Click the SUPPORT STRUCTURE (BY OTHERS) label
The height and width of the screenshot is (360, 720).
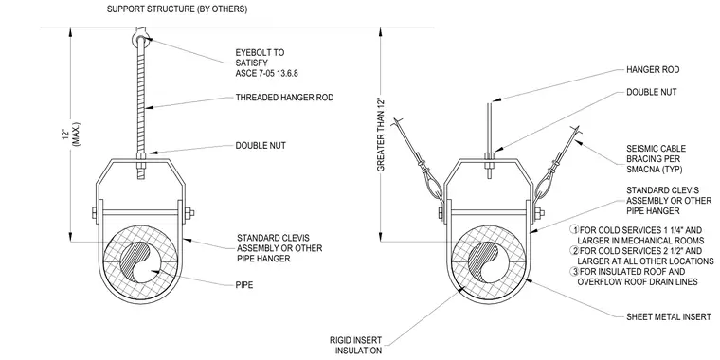[177, 9]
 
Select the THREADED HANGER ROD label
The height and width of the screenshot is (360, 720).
[284, 98]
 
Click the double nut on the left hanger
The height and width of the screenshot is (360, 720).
[141, 156]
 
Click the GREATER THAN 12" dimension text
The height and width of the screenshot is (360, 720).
[381, 135]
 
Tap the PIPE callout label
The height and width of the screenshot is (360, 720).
[243, 285]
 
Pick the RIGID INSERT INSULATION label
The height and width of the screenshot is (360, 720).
[355, 345]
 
